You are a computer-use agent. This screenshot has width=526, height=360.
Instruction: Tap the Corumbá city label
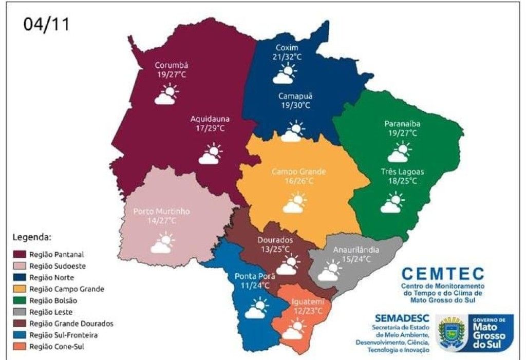tap(172, 66)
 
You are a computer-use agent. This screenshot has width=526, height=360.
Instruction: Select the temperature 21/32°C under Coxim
tap(287, 57)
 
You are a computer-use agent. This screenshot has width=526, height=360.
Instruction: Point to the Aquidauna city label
tap(208, 119)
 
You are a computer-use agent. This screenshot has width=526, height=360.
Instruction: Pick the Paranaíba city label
tap(402, 124)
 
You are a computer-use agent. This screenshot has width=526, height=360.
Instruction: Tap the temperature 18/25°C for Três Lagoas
tap(402, 181)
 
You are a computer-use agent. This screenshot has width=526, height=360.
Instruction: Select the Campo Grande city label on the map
tap(298, 172)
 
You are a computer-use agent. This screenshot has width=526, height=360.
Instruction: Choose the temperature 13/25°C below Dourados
tap(275, 249)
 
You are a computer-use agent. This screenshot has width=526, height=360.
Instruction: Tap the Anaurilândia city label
tap(356, 250)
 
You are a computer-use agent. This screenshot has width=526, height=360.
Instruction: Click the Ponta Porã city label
tap(252, 276)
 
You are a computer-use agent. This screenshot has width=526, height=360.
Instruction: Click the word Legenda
tap(31, 238)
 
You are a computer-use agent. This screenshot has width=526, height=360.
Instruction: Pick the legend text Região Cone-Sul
tap(57, 347)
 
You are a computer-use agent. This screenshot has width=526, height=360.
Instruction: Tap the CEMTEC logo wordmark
tap(442, 273)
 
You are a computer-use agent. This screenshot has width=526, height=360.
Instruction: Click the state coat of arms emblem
tap(452, 332)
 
